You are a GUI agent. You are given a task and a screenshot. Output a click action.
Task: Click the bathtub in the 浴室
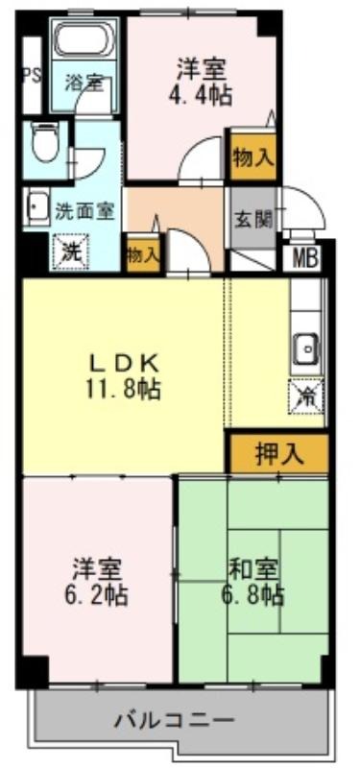(x=85, y=39)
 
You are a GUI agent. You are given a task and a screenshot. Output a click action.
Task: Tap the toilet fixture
(x=45, y=141)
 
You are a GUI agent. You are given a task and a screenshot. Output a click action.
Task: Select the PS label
(x=33, y=77)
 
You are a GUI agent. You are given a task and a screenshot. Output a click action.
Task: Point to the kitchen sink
(x=307, y=349)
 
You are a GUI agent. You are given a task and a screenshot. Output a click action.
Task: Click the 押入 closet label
(x=279, y=455)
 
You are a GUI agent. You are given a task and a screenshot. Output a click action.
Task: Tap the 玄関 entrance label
(x=252, y=221)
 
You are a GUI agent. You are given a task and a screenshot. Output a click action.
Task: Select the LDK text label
(x=124, y=364)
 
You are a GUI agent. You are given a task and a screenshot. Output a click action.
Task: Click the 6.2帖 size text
(x=96, y=595)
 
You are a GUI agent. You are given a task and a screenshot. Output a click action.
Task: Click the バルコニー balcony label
(x=175, y=721)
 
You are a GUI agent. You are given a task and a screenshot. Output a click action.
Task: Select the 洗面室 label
(x=84, y=211)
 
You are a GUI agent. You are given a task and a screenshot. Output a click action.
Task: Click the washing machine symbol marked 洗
(x=72, y=252)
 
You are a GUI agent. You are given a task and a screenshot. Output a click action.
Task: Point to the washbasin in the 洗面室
(x=36, y=207)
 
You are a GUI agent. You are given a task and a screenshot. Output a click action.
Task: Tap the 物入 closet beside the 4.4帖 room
(x=252, y=157)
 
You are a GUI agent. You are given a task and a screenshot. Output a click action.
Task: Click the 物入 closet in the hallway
(x=143, y=254)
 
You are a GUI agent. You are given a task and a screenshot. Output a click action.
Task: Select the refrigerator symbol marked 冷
(x=307, y=396)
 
